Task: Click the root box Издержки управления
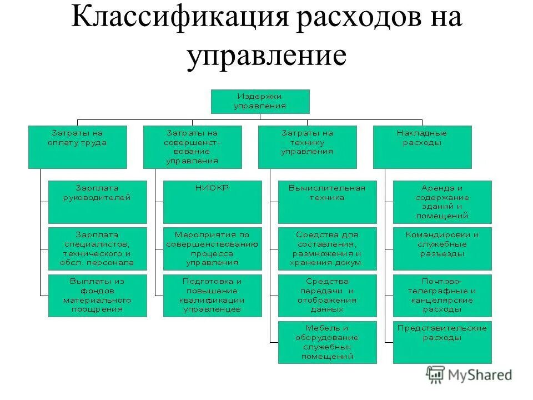(x=260, y=101)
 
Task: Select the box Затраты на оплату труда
(x=78, y=147)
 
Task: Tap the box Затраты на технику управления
(x=307, y=147)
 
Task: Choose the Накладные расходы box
(x=422, y=147)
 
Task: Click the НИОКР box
(x=212, y=202)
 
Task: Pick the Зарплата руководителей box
(x=97, y=202)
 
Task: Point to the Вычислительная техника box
(x=327, y=202)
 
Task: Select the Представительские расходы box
(x=442, y=342)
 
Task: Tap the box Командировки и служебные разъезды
(x=442, y=248)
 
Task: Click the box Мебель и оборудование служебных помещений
(x=327, y=342)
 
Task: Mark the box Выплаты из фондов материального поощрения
(x=97, y=296)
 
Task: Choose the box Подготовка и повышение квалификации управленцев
(x=212, y=296)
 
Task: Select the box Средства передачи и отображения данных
(x=327, y=296)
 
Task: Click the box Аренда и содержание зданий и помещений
(x=442, y=202)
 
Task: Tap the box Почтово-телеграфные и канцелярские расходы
(x=442, y=296)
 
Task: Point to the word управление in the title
(x=266, y=56)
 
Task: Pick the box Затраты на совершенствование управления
(x=193, y=147)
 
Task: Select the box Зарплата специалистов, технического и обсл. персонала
(x=97, y=248)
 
